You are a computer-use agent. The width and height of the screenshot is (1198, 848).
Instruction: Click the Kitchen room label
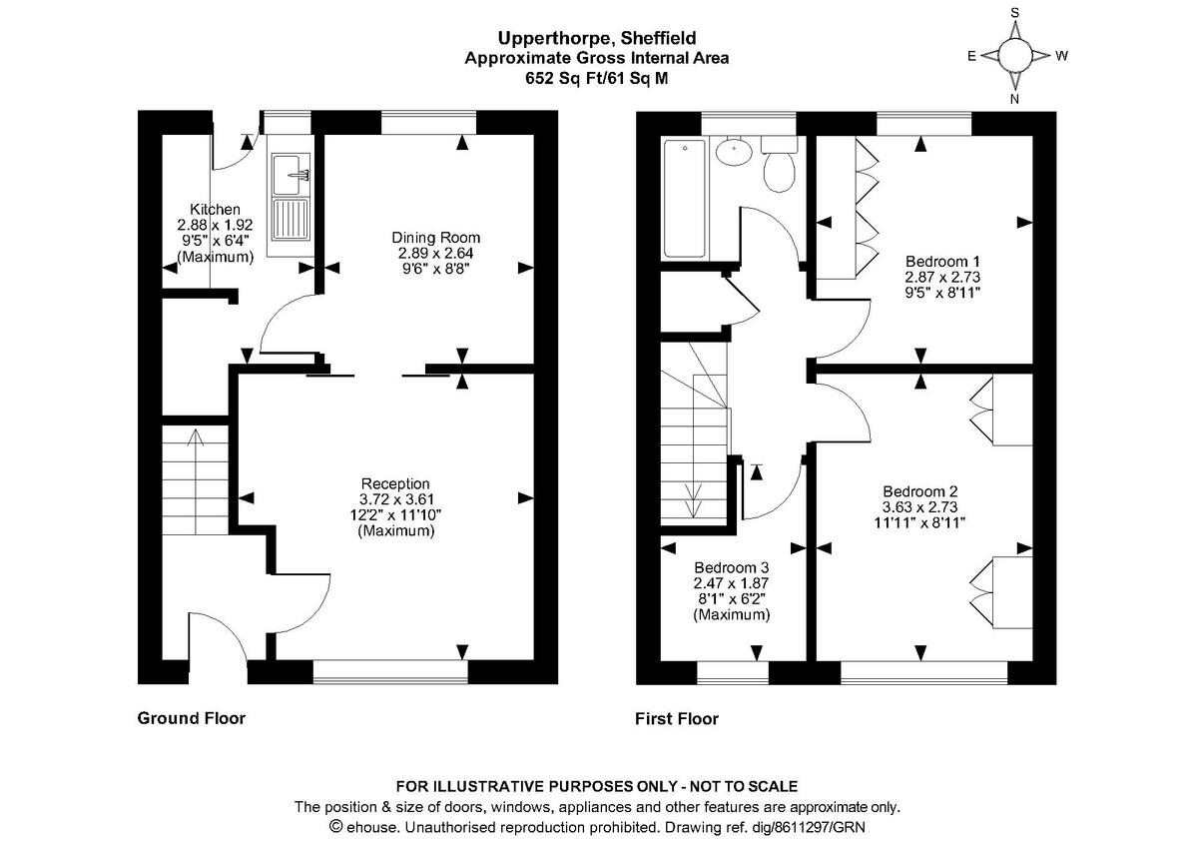click(x=215, y=210)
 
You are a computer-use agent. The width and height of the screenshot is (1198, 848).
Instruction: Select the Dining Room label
click(x=435, y=238)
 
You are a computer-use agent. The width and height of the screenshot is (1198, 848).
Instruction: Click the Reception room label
click(x=395, y=483)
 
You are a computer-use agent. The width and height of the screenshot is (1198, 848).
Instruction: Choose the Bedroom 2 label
click(x=919, y=491)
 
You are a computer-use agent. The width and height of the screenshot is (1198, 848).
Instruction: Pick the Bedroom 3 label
click(x=732, y=565)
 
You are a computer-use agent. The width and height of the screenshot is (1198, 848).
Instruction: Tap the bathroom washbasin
click(x=734, y=153)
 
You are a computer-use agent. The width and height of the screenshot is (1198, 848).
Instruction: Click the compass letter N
click(x=1014, y=99)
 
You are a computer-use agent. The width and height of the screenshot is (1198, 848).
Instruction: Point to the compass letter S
click(x=1014, y=13)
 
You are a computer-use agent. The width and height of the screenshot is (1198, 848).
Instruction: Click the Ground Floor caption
click(x=191, y=717)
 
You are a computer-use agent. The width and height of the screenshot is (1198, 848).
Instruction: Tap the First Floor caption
click(x=677, y=718)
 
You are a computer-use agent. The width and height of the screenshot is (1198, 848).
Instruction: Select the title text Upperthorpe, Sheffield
click(x=596, y=39)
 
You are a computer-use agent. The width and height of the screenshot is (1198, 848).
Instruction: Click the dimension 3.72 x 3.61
click(x=395, y=499)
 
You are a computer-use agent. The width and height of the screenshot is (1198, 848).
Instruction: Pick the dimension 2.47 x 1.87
click(x=732, y=582)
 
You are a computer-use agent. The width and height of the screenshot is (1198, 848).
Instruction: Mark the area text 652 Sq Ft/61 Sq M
click(x=597, y=77)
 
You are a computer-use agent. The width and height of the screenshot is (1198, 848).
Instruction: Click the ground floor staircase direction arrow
click(x=194, y=439)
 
